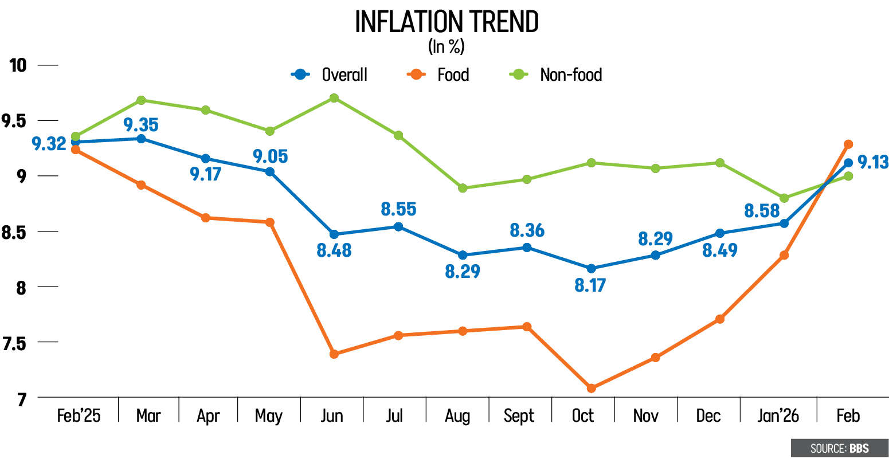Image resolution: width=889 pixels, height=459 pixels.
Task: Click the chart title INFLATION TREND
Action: (x=447, y=22)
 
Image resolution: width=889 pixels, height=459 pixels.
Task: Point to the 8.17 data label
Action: (x=590, y=285)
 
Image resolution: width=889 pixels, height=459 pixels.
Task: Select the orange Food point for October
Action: (x=592, y=389)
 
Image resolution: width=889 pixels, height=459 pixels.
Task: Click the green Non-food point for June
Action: (x=334, y=98)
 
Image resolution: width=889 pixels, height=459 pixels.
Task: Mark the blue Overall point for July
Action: (x=398, y=226)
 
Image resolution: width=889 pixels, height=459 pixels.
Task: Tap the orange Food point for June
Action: (x=334, y=354)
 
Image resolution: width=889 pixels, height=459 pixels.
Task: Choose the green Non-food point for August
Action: (x=463, y=188)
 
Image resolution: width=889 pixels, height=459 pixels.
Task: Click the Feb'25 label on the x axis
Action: (x=79, y=415)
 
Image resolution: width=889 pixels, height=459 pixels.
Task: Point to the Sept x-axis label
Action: (x=519, y=415)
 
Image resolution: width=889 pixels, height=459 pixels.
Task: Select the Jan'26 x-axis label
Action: (x=778, y=415)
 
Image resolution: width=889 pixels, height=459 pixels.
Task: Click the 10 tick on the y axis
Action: (x=18, y=65)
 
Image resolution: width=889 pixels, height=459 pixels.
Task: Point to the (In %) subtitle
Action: (x=446, y=47)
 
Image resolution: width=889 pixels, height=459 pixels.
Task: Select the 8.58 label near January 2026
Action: (x=762, y=210)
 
